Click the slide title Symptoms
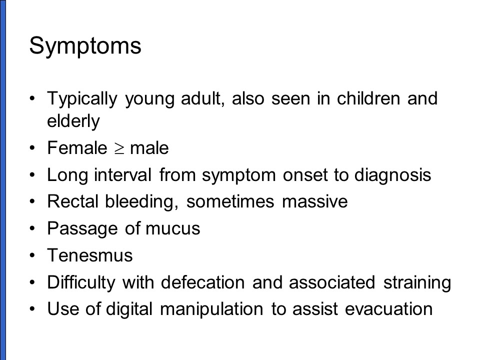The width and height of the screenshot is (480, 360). (85, 46)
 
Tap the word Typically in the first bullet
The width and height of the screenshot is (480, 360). (82, 99)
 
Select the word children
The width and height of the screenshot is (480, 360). (368, 98)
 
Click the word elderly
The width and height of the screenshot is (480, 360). (73, 121)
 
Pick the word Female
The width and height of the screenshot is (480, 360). (77, 148)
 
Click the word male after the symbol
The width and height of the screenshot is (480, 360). (149, 148)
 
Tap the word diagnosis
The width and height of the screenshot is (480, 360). (393, 175)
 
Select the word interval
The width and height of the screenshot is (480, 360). (123, 175)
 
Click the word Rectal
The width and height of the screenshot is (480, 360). (73, 201)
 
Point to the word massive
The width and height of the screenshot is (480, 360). (314, 201)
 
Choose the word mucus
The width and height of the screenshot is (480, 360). (172, 229)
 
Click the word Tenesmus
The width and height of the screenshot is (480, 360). (90, 255)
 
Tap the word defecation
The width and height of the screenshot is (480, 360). (202, 282)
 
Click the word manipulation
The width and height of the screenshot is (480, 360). (211, 309)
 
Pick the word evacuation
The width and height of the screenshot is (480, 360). (389, 309)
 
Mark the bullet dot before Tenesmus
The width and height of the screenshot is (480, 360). (32, 255)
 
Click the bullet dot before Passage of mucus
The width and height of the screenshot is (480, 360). (32, 228)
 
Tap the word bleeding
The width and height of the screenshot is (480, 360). (141, 202)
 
